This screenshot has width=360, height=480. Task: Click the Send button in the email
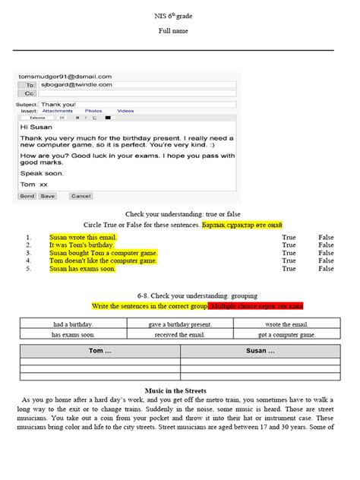click(x=27, y=196)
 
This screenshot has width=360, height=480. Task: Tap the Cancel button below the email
click(x=81, y=196)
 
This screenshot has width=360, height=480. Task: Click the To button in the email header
click(x=30, y=86)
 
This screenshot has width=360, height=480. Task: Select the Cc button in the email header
click(x=30, y=94)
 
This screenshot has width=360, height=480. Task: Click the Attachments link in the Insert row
click(x=58, y=111)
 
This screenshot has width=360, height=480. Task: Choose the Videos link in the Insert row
click(x=125, y=111)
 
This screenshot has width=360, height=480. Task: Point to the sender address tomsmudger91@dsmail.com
click(x=65, y=77)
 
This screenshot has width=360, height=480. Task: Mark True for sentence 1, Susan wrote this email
click(x=289, y=237)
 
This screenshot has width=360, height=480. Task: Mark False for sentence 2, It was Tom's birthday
click(x=326, y=245)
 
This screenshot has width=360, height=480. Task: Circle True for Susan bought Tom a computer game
click(x=289, y=253)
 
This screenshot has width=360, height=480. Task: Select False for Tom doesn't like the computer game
click(x=326, y=261)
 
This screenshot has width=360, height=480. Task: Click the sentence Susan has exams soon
click(x=82, y=269)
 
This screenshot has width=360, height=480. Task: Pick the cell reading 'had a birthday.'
click(x=73, y=324)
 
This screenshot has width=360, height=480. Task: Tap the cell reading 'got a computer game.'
click(x=286, y=334)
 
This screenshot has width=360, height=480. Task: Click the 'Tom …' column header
click(x=99, y=352)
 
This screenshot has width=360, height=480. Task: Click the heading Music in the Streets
click(x=179, y=390)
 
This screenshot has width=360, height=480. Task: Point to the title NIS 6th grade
click(x=179, y=17)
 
